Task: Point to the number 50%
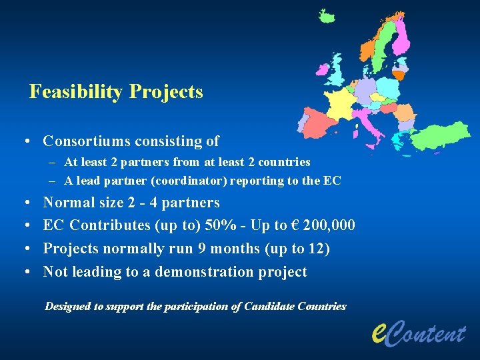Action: pyautogui.click(x=218, y=225)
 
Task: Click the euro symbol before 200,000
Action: pyautogui.click(x=295, y=225)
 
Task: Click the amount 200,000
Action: pyautogui.click(x=329, y=225)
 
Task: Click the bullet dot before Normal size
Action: pyautogui.click(x=23, y=203)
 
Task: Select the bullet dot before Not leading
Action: pyautogui.click(x=23, y=272)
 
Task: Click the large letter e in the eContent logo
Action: pyautogui.click(x=378, y=331)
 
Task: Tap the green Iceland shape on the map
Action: pyautogui.click(x=326, y=16)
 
